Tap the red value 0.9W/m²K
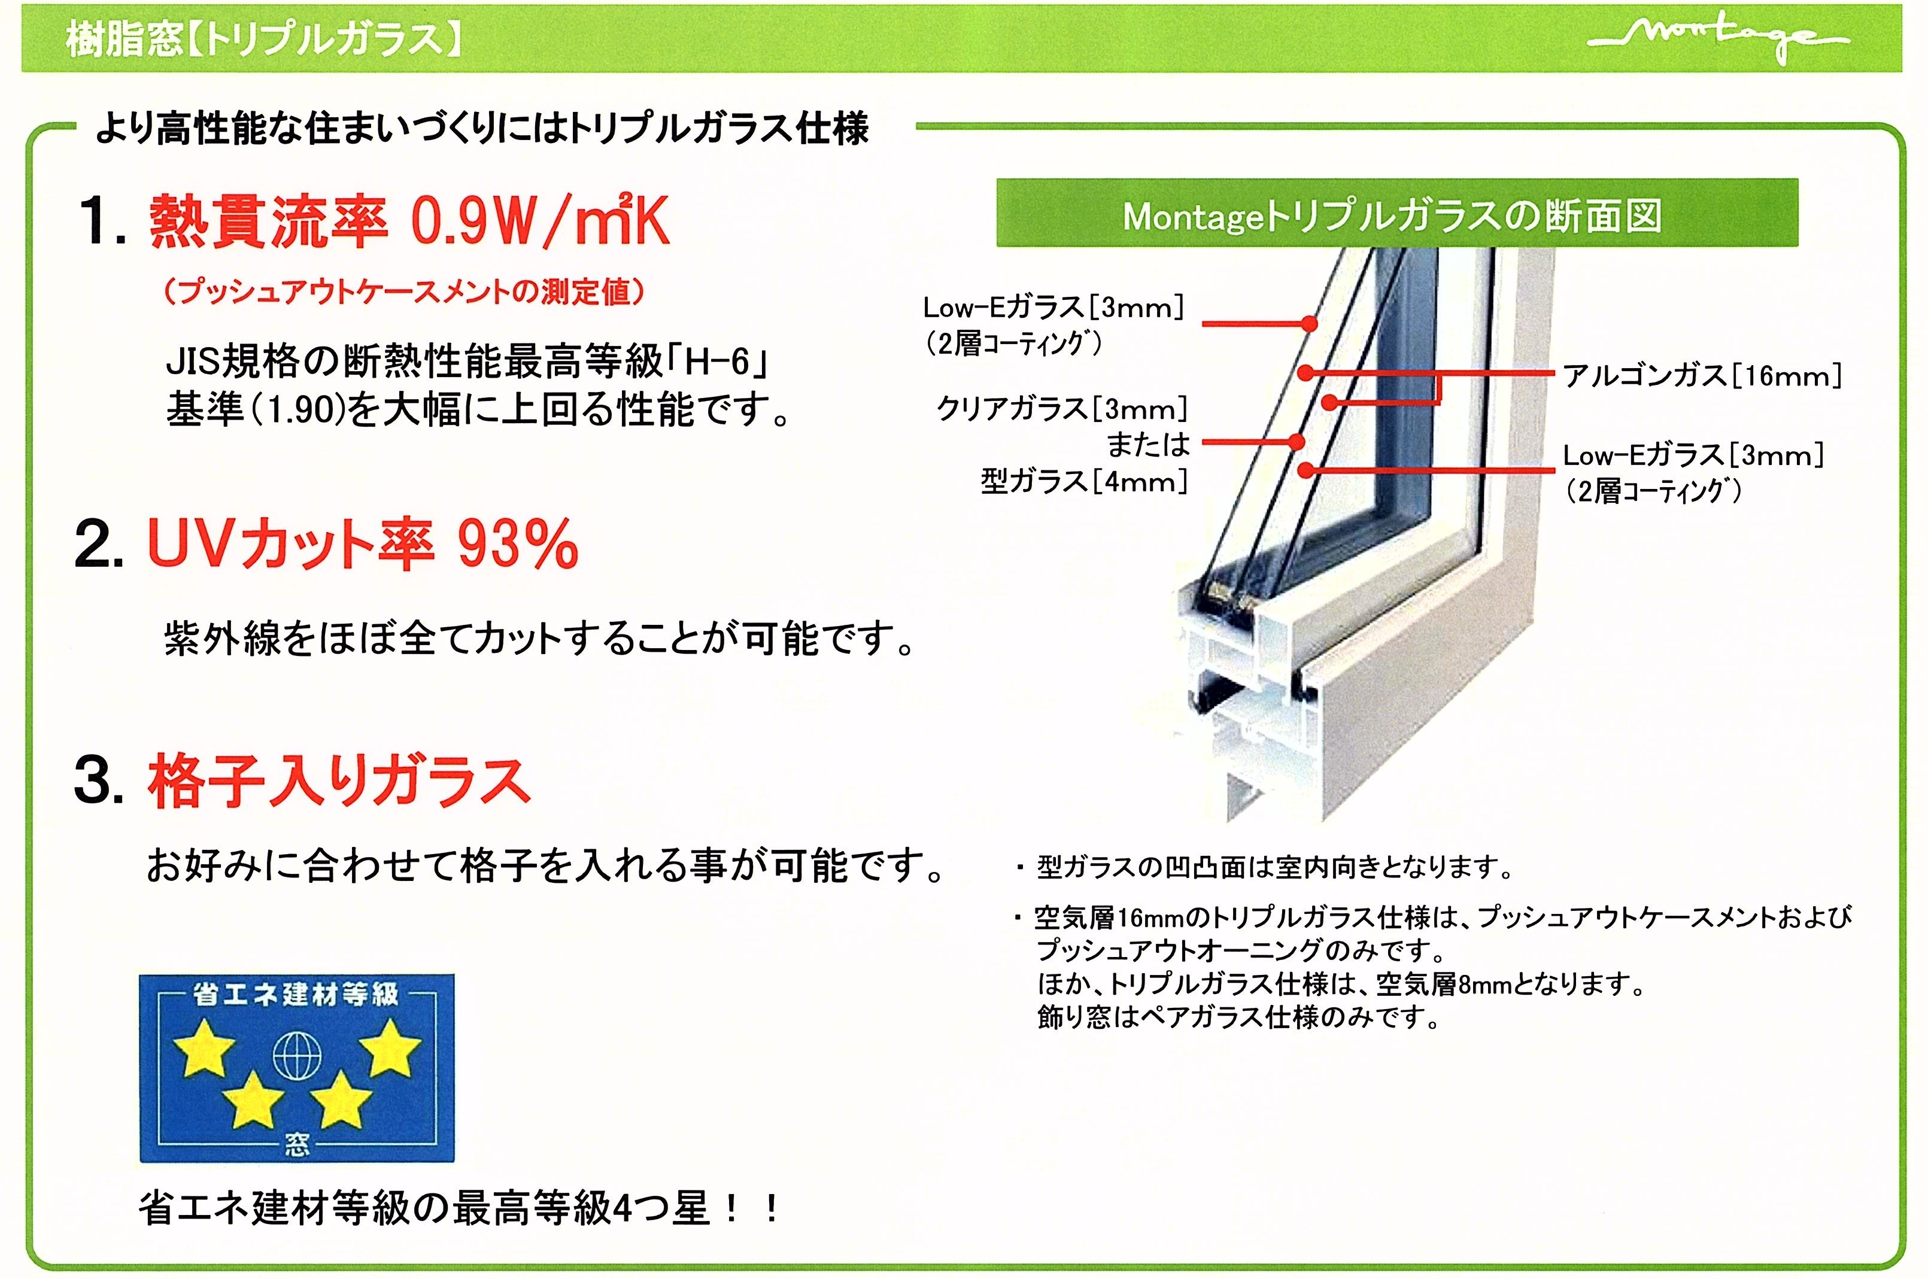(x=540, y=220)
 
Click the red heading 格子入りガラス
(x=338, y=782)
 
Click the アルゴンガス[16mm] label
(x=1702, y=376)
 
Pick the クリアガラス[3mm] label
(x=1062, y=408)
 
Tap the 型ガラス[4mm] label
(x=1084, y=481)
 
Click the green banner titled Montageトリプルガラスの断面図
(x=1397, y=214)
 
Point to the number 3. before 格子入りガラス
(x=99, y=782)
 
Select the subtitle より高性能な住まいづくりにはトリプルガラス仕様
(x=482, y=129)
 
